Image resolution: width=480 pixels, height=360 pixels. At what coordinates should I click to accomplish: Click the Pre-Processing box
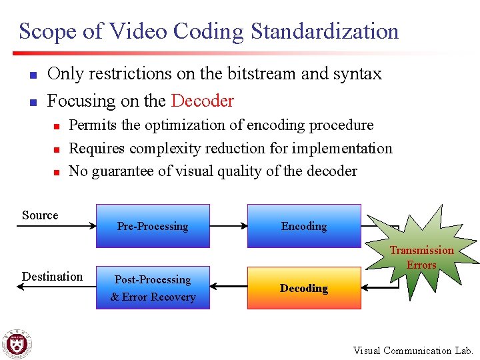[152, 226]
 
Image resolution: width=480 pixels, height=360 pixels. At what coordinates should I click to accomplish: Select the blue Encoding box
[304, 226]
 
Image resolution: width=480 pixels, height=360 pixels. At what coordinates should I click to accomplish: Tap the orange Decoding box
[304, 288]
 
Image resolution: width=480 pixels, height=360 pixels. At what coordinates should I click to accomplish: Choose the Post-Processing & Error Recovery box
[153, 288]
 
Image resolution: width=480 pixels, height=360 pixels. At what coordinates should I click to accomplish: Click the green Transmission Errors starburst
[421, 257]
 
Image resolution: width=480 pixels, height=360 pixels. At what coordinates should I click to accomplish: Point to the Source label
[40, 215]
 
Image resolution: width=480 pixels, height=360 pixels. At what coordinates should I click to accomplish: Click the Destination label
[52, 277]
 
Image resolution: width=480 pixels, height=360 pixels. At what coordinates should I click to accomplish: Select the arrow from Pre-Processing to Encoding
[229, 226]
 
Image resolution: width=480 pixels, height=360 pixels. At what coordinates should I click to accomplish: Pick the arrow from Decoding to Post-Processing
[229, 288]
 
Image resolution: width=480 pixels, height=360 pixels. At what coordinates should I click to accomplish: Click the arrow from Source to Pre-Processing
[57, 226]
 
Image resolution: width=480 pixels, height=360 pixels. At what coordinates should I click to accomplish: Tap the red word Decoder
[203, 101]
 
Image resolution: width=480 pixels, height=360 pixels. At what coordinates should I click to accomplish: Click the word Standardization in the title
[325, 31]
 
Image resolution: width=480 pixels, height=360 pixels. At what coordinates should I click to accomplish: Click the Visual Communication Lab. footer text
[413, 350]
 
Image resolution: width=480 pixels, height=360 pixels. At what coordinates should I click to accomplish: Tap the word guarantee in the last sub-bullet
[121, 171]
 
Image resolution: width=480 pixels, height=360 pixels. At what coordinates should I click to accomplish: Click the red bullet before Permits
[57, 126]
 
